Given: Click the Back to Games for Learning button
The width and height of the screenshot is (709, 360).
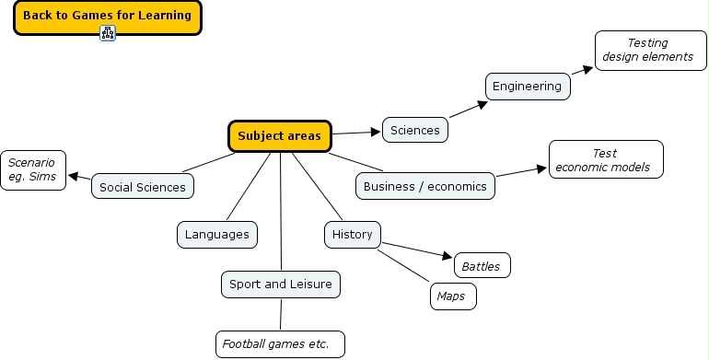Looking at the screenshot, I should click(x=107, y=16).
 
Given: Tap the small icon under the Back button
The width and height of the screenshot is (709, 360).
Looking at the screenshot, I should click(x=108, y=34).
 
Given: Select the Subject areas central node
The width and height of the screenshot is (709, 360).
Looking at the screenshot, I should click(x=280, y=136).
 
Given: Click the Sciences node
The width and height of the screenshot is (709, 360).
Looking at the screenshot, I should click(x=415, y=130).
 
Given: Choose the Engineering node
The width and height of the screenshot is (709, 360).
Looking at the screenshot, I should click(x=527, y=87).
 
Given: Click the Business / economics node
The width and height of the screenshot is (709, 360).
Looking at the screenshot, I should click(x=425, y=186).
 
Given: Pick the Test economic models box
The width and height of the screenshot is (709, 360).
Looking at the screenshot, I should click(x=605, y=159).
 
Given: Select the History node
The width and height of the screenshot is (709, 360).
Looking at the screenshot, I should click(x=353, y=235).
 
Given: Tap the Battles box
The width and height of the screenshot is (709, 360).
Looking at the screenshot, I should click(x=482, y=266).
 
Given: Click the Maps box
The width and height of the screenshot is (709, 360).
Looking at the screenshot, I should click(x=452, y=296).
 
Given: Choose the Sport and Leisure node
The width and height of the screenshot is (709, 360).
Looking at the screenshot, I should click(x=281, y=285).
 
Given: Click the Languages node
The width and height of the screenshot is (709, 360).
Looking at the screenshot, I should click(x=217, y=235).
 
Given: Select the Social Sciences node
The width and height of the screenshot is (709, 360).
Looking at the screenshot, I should click(x=143, y=187).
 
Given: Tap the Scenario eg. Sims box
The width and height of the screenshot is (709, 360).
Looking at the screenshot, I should click(x=33, y=169).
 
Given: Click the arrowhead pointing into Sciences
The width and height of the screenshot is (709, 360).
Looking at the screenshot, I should click(x=376, y=132).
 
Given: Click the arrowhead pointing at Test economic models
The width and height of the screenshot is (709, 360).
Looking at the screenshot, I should click(x=542, y=168).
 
